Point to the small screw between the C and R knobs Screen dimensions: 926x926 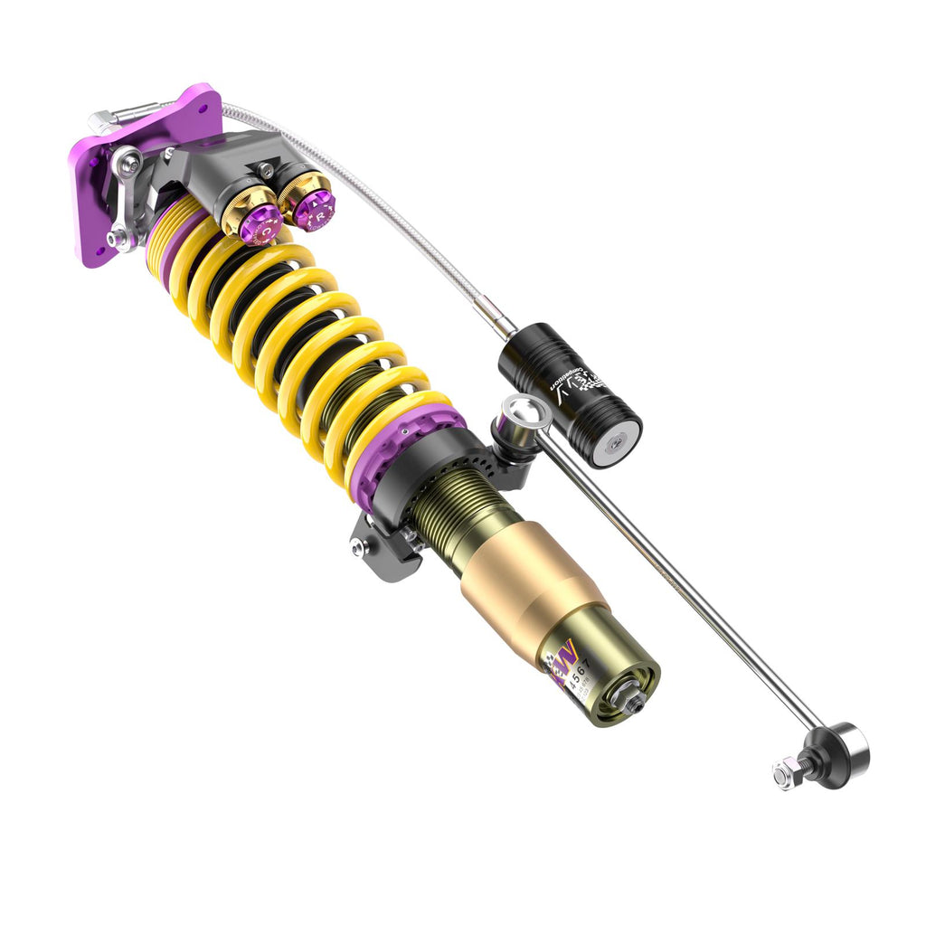click(x=266, y=169)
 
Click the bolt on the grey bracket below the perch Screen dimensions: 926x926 click(x=362, y=547)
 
